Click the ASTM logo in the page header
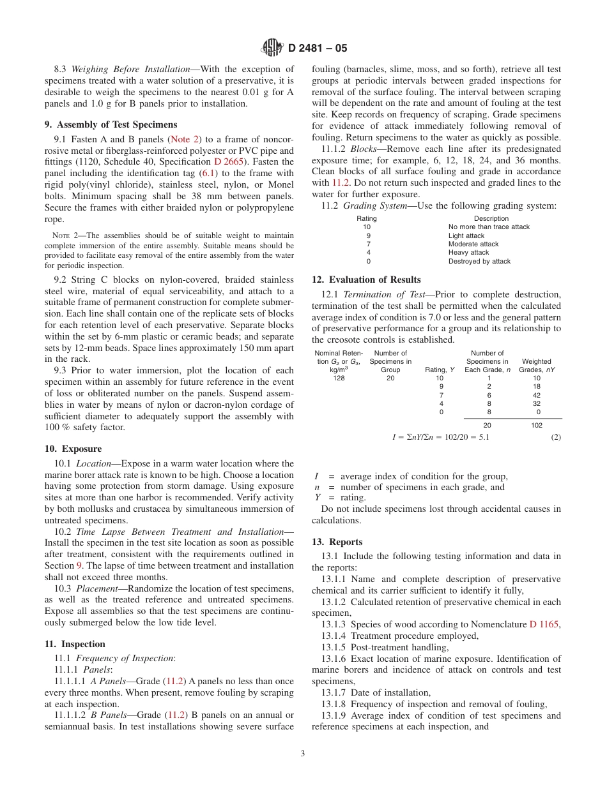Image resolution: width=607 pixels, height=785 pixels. tap(273, 48)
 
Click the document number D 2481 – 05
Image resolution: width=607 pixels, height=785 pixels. tap(318, 48)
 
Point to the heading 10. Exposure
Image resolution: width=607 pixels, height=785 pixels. tap(73, 449)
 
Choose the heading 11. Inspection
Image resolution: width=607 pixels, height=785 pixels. tap(75, 644)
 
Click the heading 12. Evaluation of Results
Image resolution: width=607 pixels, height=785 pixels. tap(366, 280)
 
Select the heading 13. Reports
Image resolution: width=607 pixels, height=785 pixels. tap(337, 542)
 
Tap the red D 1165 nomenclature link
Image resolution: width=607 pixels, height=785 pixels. tap(544, 624)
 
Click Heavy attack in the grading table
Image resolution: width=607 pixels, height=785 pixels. tap(468, 253)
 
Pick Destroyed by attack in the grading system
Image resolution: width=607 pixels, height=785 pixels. tap(479, 261)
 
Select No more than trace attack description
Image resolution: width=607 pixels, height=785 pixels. tap(489, 227)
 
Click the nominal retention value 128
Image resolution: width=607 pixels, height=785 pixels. tap(339, 378)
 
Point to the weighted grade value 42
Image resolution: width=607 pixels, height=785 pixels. tap(537, 395)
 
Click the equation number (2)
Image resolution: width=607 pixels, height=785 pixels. tap(556, 438)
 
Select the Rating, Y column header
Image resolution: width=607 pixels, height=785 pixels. tap(440, 370)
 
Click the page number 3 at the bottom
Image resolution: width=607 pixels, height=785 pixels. tap(303, 753)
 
